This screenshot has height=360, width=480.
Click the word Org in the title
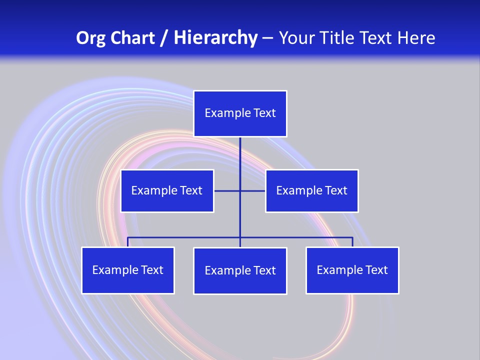click(90, 38)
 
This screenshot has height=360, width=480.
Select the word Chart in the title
click(130, 38)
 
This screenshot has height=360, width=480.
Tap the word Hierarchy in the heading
click(215, 38)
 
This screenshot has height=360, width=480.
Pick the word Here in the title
click(416, 38)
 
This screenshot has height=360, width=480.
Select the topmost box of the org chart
click(240, 113)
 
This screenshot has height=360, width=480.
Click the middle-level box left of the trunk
click(167, 190)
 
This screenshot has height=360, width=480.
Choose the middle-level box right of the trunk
click(311, 190)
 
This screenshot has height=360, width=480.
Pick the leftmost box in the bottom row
click(128, 270)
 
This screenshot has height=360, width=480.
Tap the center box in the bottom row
click(240, 270)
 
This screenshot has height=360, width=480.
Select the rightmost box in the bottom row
click(352, 270)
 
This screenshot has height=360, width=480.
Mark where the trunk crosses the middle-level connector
click(240, 190)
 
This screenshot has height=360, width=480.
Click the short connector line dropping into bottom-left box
click(128, 242)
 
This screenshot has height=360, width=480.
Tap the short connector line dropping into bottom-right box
click(352, 242)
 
